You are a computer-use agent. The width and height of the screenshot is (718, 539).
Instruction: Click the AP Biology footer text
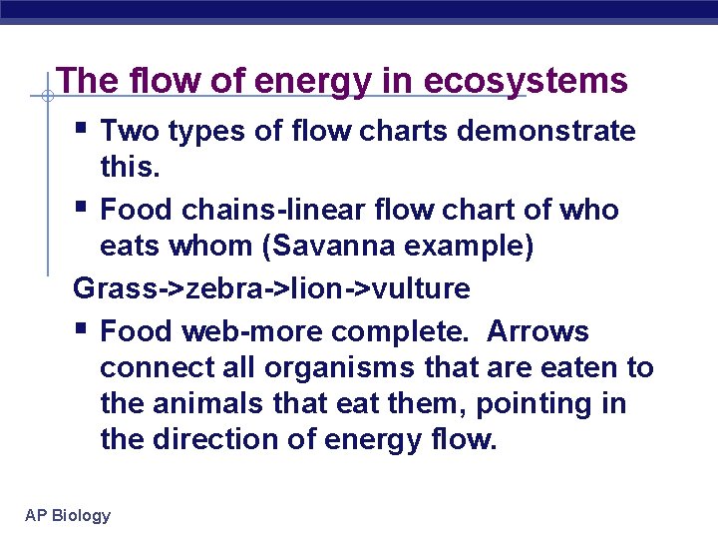(x=68, y=516)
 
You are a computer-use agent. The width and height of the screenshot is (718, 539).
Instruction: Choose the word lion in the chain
(x=309, y=289)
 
